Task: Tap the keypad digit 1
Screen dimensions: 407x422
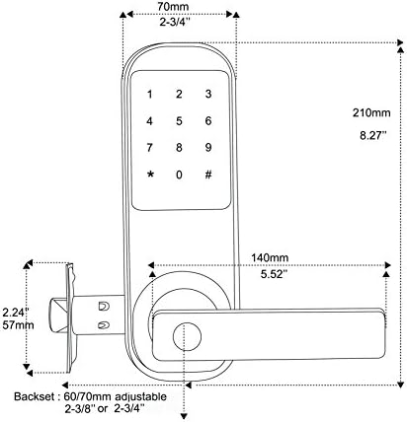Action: click(x=150, y=95)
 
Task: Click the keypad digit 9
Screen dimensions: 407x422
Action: click(x=208, y=147)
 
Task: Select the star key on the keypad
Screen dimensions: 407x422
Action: click(x=150, y=175)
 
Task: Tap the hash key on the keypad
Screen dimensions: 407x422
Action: click(x=208, y=175)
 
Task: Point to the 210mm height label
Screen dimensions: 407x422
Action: click(x=371, y=112)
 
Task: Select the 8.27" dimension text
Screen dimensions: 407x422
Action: click(x=372, y=135)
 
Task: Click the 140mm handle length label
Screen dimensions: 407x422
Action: click(x=270, y=257)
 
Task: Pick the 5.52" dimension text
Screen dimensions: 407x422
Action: click(x=272, y=274)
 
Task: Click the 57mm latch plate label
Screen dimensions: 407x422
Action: click(x=18, y=325)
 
